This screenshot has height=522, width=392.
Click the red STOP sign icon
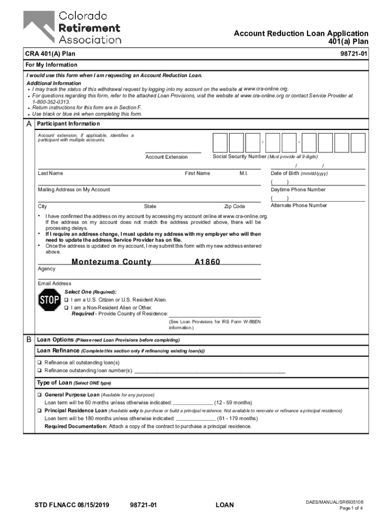click(x=49, y=301)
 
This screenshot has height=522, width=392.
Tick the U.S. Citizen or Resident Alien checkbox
click(x=66, y=300)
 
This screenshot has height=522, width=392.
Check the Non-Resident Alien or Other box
click(x=66, y=308)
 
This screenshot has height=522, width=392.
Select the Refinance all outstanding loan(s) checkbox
click(x=40, y=362)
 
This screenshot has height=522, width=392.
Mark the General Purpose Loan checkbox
click(x=40, y=395)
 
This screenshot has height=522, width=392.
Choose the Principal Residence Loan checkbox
click(x=40, y=410)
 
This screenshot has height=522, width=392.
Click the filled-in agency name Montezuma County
click(x=111, y=262)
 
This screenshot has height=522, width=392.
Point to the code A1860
click(x=208, y=262)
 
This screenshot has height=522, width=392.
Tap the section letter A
click(x=29, y=124)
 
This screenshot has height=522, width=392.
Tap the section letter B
click(x=29, y=340)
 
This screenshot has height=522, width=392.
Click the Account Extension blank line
click(x=173, y=151)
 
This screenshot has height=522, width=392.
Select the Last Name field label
click(x=50, y=173)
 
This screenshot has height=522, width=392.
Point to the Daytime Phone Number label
click(x=298, y=190)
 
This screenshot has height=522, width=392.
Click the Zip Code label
click(x=235, y=206)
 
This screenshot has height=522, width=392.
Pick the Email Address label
click(x=54, y=283)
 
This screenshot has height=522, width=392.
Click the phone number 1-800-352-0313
click(x=51, y=102)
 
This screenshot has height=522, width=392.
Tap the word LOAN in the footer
click(x=225, y=505)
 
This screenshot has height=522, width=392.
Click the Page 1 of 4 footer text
click(x=351, y=508)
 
